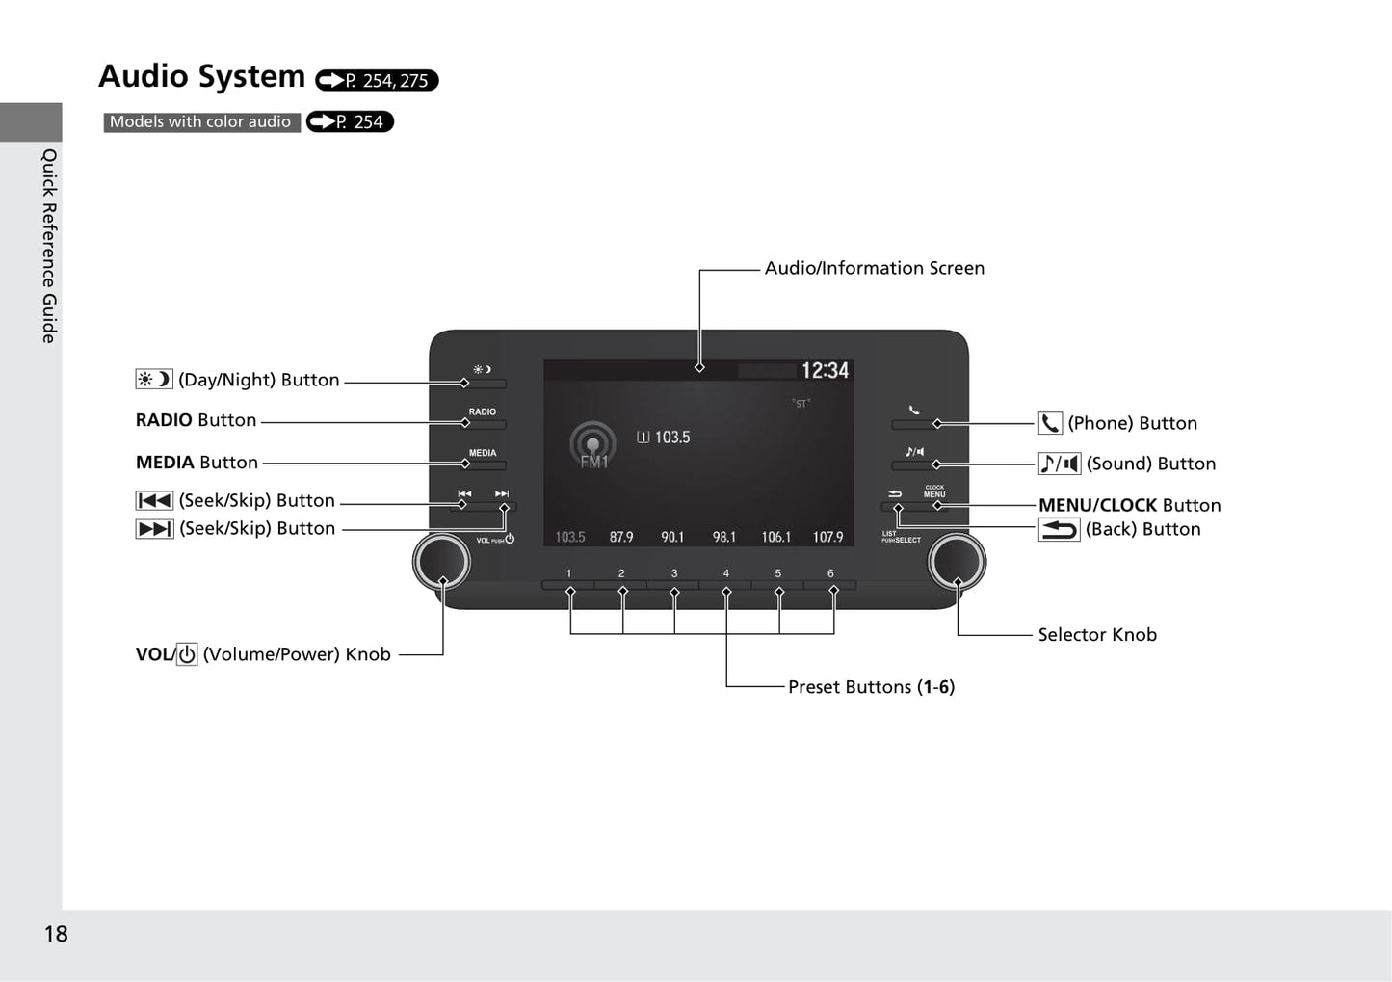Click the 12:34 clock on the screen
point(825,370)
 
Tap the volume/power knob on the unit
point(442,561)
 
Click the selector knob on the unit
point(957,561)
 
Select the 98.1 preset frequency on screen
point(724,537)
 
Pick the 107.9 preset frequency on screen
point(827,537)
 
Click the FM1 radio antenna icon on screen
point(592,444)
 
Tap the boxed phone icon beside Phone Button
point(1050,423)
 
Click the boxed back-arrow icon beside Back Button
point(1059,529)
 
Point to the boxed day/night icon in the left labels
point(154,379)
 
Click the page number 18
point(56,934)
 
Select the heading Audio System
point(202,76)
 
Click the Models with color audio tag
point(201,121)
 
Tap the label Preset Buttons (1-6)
point(871,687)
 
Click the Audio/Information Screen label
point(875,268)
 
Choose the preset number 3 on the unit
point(673,573)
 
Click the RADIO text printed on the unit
point(483,411)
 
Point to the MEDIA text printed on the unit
point(483,453)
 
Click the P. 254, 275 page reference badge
point(377,80)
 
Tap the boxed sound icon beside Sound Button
point(1060,464)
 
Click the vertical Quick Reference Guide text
point(49,246)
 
